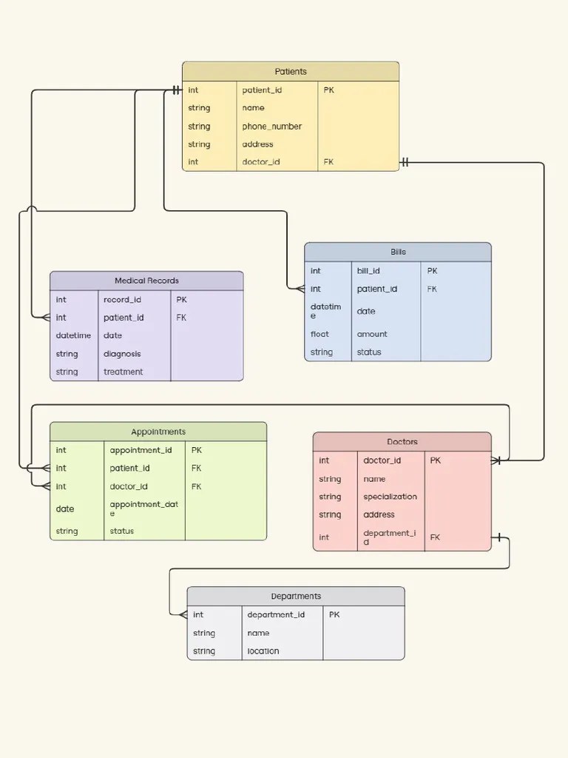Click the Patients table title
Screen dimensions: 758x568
291,72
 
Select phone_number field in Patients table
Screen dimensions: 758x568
271,127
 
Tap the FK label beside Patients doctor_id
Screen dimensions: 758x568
328,162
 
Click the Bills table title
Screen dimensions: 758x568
398,252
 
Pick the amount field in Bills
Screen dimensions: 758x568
372,335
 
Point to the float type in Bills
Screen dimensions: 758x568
319,335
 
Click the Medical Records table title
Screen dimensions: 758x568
146,281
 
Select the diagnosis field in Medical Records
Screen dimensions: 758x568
122,354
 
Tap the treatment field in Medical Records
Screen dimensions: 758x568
123,372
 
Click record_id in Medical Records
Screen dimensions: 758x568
122,300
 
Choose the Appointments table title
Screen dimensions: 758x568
158,432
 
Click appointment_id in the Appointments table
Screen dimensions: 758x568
141,450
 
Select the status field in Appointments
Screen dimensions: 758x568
122,531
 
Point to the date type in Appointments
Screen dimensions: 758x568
65,509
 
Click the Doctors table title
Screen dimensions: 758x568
402,442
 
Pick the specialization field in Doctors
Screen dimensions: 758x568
390,497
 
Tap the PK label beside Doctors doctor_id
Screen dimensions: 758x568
435,460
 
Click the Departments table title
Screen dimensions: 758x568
296,597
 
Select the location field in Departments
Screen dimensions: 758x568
263,651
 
